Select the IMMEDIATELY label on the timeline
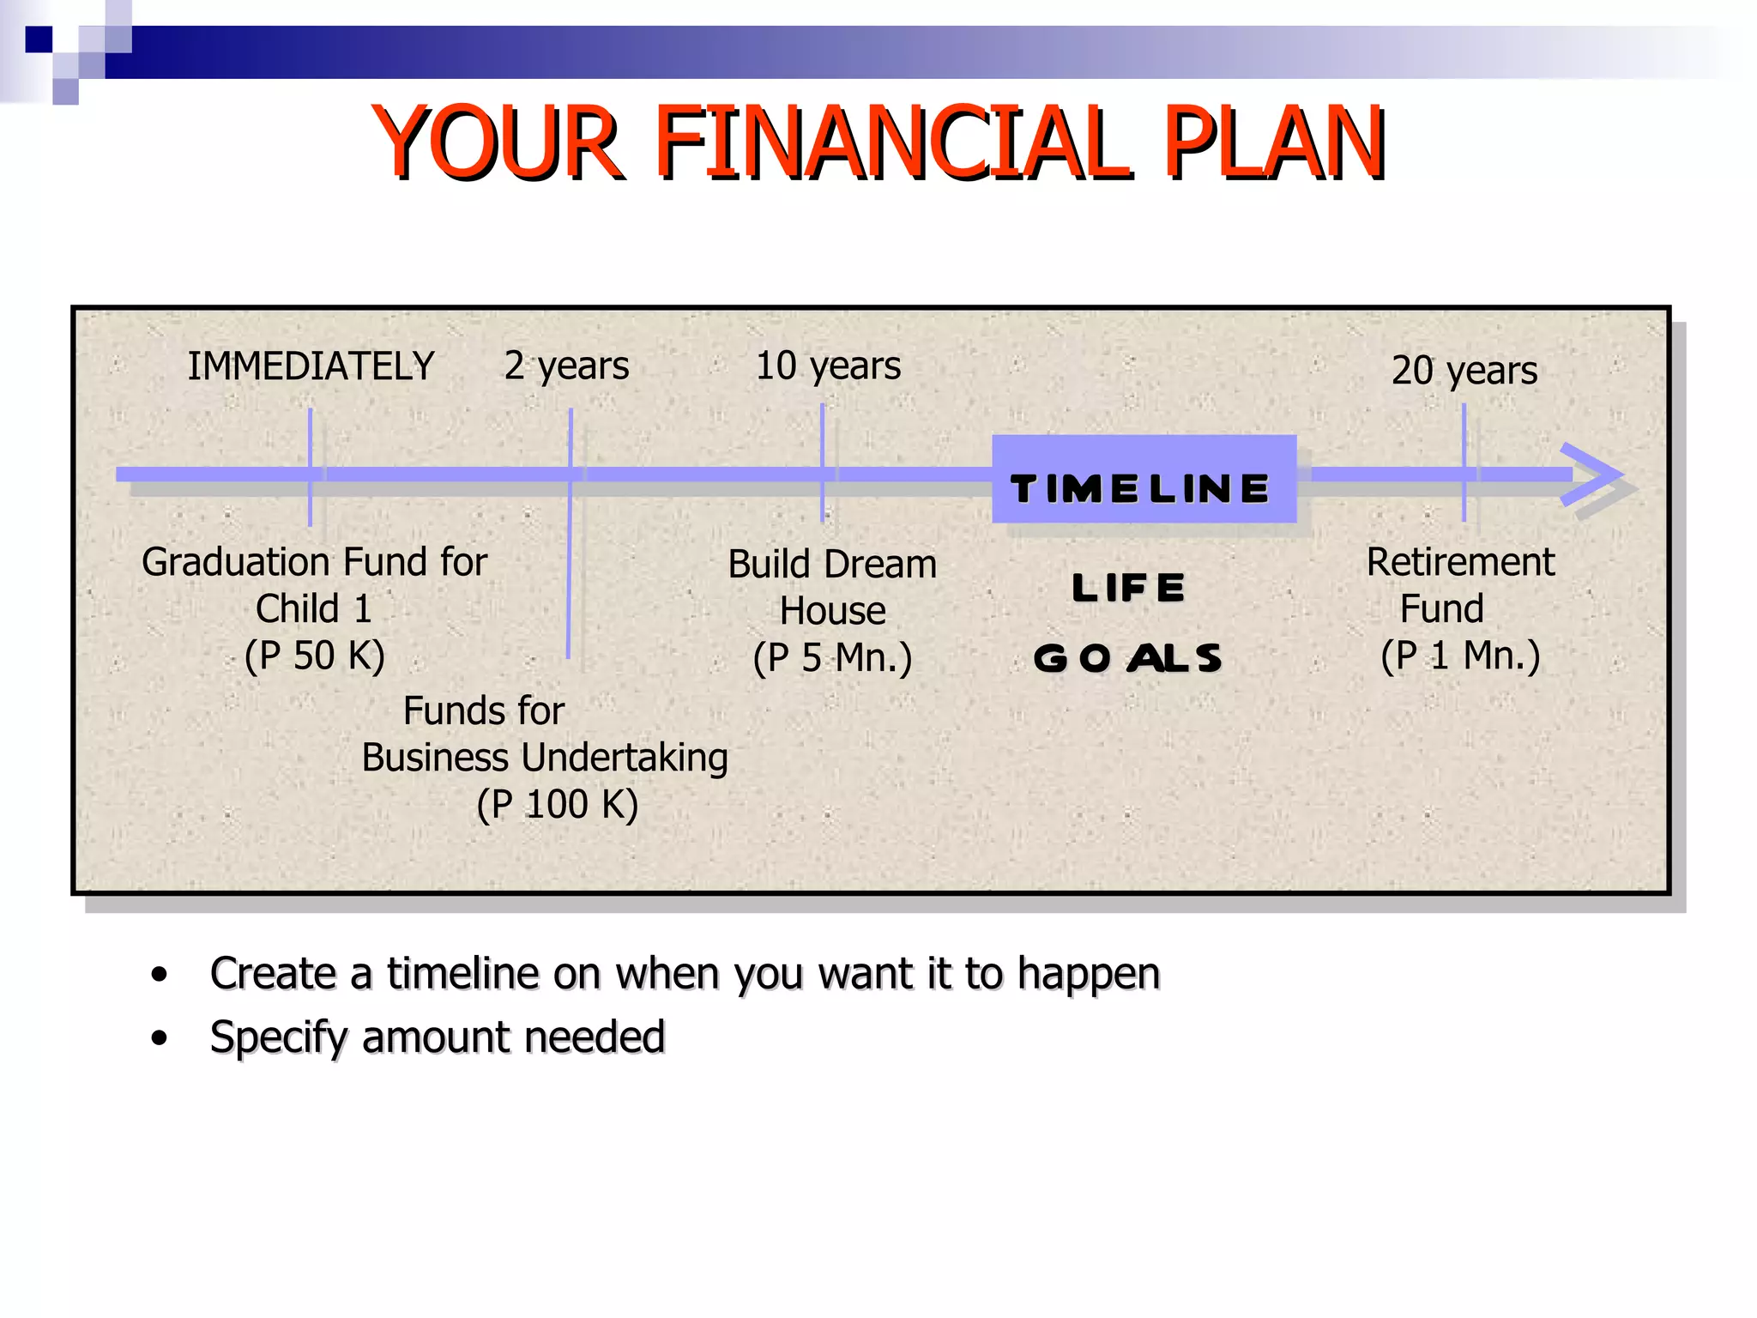pyautogui.click(x=311, y=366)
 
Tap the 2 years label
pyautogui.click(x=566, y=366)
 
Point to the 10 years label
pyautogui.click(x=828, y=366)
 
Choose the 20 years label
pyautogui.click(x=1464, y=371)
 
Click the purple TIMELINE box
pyautogui.click(x=1143, y=479)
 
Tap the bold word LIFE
pyautogui.click(x=1128, y=589)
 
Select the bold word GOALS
pyautogui.click(x=1128, y=658)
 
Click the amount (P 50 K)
pyautogui.click(x=314, y=656)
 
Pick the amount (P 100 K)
pyautogui.click(x=558, y=805)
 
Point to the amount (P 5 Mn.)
pyautogui.click(x=832, y=658)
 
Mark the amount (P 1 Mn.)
pyautogui.click(x=1460, y=656)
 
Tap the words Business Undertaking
pyautogui.click(x=545, y=759)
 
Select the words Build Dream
pyautogui.click(x=832, y=565)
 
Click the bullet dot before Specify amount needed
pyautogui.click(x=159, y=1038)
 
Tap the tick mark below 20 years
pyautogui.click(x=1464, y=463)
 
